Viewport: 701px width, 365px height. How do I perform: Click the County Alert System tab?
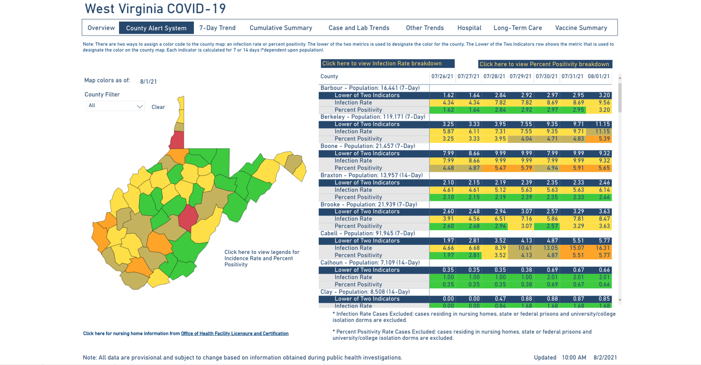click(x=156, y=28)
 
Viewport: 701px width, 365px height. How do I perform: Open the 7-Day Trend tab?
click(x=217, y=28)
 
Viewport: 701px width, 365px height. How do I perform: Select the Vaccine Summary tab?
click(x=581, y=28)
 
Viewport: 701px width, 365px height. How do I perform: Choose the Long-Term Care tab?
click(x=518, y=28)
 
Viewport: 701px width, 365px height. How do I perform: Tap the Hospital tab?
click(x=469, y=28)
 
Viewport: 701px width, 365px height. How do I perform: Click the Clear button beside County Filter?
click(x=158, y=107)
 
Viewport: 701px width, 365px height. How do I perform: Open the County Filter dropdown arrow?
click(x=140, y=107)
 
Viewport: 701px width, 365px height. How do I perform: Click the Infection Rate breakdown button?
click(x=387, y=64)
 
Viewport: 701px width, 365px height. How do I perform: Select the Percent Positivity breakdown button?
click(x=545, y=64)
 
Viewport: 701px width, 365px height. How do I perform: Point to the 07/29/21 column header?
click(x=520, y=76)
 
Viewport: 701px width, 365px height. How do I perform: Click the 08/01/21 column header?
click(x=599, y=76)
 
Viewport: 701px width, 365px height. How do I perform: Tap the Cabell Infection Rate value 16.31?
click(x=602, y=248)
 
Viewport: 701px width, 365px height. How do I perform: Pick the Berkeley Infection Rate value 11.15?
click(x=602, y=132)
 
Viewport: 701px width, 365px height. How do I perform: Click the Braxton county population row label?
click(x=372, y=175)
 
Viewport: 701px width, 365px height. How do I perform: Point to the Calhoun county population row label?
click(x=370, y=263)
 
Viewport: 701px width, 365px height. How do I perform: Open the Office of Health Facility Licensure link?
click(x=235, y=334)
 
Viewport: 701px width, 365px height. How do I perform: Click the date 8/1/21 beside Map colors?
click(x=148, y=81)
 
